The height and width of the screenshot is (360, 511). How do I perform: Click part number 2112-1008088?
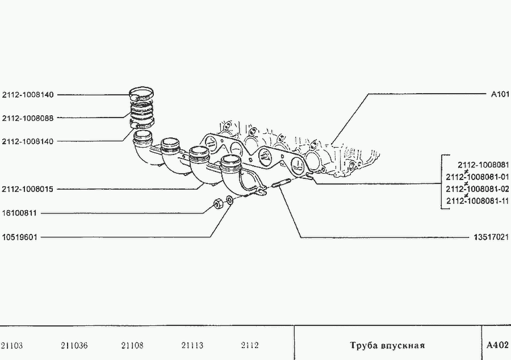tap(28, 118)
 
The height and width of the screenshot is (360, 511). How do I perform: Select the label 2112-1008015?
tap(27, 189)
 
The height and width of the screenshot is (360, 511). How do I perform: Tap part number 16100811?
tap(19, 213)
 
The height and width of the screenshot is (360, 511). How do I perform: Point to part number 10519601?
tap(19, 237)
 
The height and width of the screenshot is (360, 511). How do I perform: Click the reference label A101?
tap(500, 94)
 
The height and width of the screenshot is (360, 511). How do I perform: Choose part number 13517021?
tap(491, 237)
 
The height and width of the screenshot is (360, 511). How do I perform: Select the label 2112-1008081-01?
tap(478, 177)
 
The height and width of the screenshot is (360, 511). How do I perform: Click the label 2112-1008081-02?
tap(478, 189)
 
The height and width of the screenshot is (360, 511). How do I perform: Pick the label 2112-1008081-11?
tap(478, 201)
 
